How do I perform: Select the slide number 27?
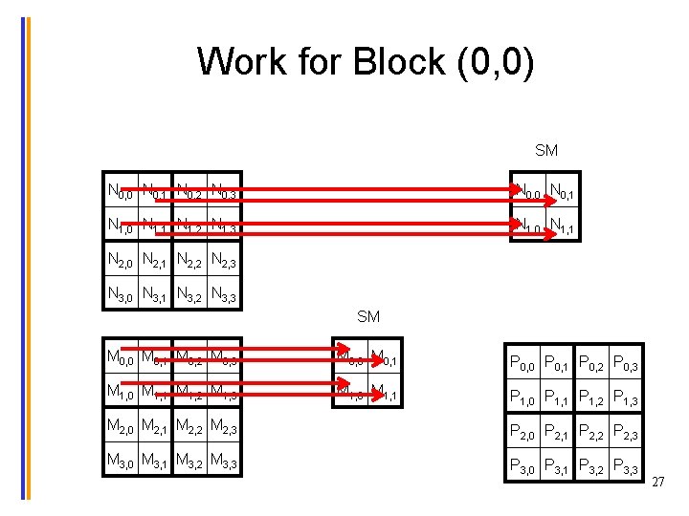[x=657, y=484]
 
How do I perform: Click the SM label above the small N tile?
[x=546, y=150]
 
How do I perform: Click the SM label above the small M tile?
[x=368, y=316]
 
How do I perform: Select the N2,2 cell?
[x=191, y=259]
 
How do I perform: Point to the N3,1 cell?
[x=156, y=293]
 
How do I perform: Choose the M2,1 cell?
[x=156, y=426]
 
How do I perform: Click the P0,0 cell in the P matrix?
[x=523, y=361]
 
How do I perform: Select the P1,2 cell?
[x=592, y=396]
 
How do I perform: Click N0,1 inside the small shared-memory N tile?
[x=563, y=192]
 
